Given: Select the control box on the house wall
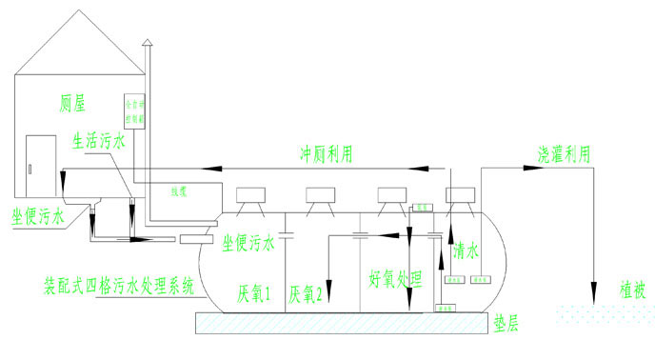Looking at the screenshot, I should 132,112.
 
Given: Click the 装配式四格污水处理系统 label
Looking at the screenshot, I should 119,284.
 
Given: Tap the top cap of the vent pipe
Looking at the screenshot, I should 146,41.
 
